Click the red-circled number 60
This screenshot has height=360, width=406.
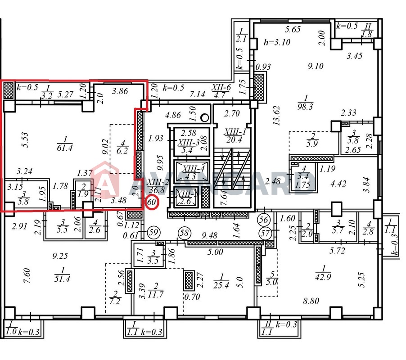click(x=152, y=202)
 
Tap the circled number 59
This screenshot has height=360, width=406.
click(x=153, y=232)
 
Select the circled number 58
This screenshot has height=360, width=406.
click(x=184, y=233)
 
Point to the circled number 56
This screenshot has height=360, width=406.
click(x=264, y=220)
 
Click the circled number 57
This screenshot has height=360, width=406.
click(x=265, y=234)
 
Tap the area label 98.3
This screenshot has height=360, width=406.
click(x=305, y=107)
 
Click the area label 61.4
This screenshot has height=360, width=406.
click(x=65, y=148)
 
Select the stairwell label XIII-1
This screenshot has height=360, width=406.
click(x=235, y=131)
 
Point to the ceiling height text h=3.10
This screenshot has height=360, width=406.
click(x=277, y=42)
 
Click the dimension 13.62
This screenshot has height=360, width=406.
click(x=276, y=116)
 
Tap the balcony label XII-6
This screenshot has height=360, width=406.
click(x=221, y=87)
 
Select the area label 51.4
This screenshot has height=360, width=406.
click(x=62, y=279)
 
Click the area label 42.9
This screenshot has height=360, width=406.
click(x=323, y=277)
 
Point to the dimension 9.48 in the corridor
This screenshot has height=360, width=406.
click(x=209, y=235)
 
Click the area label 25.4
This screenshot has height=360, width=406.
click(x=221, y=285)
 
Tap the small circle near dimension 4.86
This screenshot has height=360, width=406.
click(x=205, y=118)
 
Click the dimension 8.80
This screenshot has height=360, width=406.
click(x=311, y=301)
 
